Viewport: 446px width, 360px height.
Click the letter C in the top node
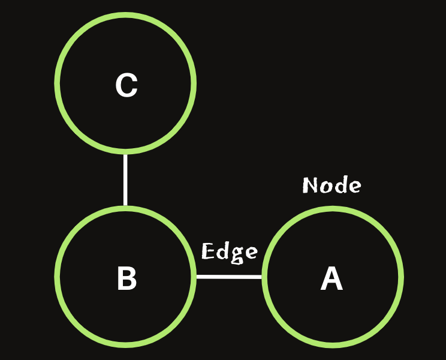pos(126,85)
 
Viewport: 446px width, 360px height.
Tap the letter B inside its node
pos(126,278)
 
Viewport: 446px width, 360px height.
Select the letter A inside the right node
pos(332,278)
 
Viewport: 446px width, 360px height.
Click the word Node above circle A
pos(332,185)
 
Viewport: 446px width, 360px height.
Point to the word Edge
pos(230,252)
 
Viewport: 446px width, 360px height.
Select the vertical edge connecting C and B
pos(125,180)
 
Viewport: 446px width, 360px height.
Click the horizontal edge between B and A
pos(229,277)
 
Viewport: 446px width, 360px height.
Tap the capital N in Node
pos(310,185)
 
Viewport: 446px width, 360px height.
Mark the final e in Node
pos(354,187)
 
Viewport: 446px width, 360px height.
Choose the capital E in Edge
pos(208,251)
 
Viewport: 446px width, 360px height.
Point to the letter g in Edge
pos(237,254)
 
